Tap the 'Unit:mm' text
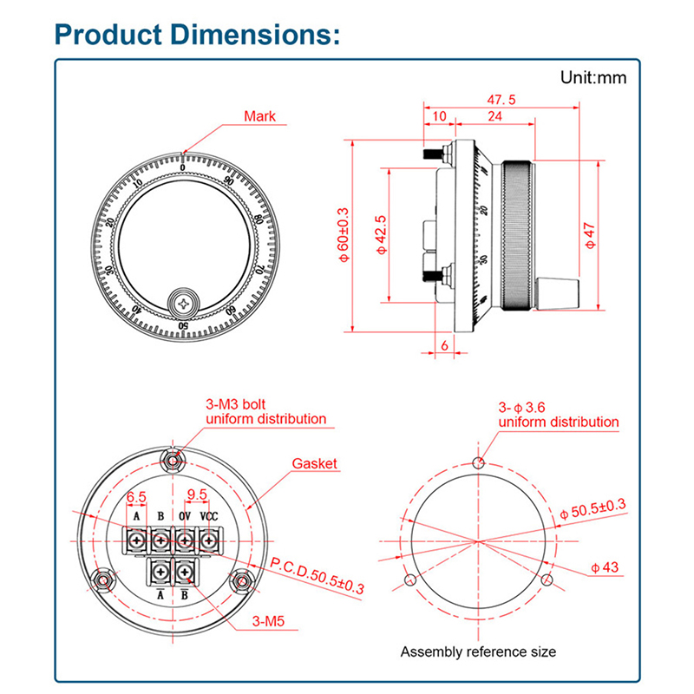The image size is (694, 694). (x=593, y=78)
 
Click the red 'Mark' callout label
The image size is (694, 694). (x=259, y=115)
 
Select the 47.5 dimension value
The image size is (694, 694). (x=501, y=100)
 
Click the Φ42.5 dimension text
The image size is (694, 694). (x=377, y=234)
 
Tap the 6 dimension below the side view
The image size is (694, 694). (x=445, y=344)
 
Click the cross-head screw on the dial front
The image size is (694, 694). (x=184, y=303)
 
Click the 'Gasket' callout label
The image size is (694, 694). (x=314, y=463)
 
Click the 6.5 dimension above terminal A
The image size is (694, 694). (x=136, y=497)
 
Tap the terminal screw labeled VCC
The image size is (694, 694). (x=209, y=540)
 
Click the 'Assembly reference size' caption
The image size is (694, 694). (x=478, y=651)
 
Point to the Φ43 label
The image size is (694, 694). (x=605, y=567)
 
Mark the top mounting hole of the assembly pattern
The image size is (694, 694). (x=478, y=461)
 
